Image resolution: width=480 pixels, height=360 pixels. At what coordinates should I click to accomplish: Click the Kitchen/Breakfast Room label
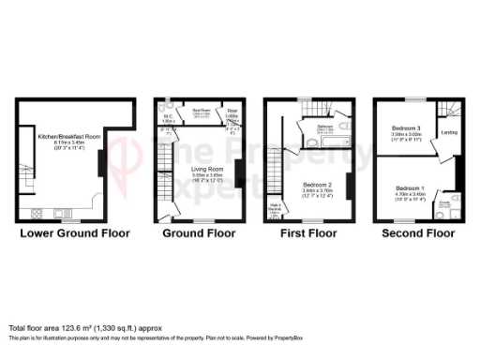click(x=62, y=137)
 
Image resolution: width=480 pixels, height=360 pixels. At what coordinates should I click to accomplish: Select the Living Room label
click(x=200, y=142)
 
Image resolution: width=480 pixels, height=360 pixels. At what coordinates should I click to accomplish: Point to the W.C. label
click(x=169, y=117)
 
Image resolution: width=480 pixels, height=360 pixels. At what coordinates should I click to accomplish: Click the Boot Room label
click(x=202, y=109)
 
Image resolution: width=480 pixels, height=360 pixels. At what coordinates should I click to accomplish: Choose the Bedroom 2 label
click(x=315, y=185)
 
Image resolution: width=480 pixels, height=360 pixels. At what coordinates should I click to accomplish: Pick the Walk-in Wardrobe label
click(x=276, y=207)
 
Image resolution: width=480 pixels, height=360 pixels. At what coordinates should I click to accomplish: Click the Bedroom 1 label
click(x=410, y=187)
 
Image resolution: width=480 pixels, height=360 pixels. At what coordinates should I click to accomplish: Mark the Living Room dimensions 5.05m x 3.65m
click(x=201, y=148)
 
